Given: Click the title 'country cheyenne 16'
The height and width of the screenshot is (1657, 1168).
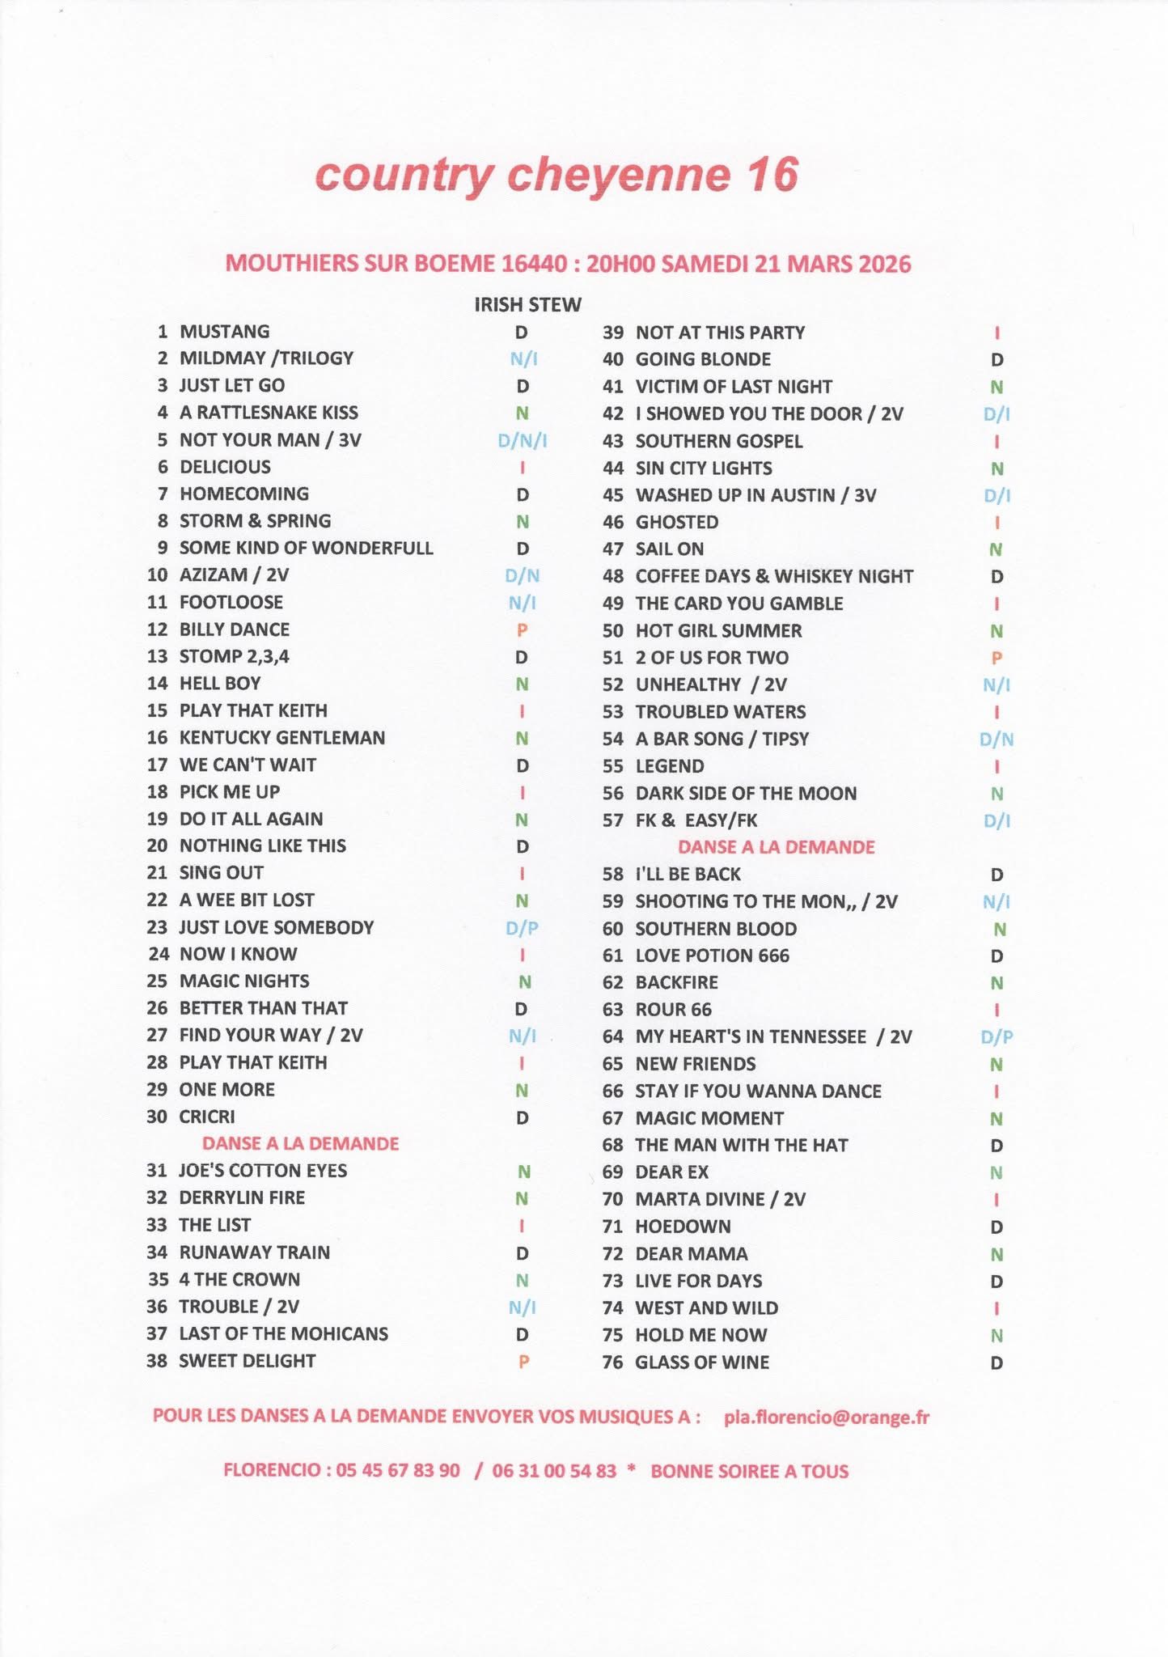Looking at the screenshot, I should [556, 175].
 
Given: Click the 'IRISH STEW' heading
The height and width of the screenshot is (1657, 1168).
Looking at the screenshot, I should [527, 305].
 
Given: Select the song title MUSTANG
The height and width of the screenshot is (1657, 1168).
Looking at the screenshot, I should [224, 331].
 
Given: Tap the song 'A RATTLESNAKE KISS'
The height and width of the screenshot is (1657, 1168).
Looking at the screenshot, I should [269, 413].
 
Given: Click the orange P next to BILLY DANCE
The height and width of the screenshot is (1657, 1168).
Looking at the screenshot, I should [523, 629].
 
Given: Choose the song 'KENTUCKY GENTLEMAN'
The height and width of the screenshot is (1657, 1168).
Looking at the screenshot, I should [281, 737].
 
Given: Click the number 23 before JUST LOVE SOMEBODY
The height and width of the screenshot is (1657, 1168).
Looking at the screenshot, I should [157, 927].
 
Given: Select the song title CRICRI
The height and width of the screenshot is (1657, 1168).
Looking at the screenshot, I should [207, 1117].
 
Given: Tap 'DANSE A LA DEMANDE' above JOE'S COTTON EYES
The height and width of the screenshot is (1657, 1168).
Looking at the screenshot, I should [300, 1143].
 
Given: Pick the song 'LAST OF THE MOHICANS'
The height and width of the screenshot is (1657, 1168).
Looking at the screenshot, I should [283, 1333].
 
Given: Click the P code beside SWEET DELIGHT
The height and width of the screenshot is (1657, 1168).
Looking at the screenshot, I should [523, 1362].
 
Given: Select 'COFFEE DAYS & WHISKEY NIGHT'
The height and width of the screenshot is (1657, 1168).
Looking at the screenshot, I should [774, 576].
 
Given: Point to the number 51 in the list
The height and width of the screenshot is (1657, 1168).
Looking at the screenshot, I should [612, 658].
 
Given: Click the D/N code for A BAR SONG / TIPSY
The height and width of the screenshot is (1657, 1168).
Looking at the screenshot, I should [997, 739].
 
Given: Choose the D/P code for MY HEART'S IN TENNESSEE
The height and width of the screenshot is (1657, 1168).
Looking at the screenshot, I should [997, 1036].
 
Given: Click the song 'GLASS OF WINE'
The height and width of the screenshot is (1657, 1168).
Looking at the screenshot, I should [702, 1362].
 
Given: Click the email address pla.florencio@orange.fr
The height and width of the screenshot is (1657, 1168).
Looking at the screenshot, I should [827, 1417].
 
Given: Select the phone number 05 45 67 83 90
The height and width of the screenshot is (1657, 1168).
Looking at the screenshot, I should [397, 1470].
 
